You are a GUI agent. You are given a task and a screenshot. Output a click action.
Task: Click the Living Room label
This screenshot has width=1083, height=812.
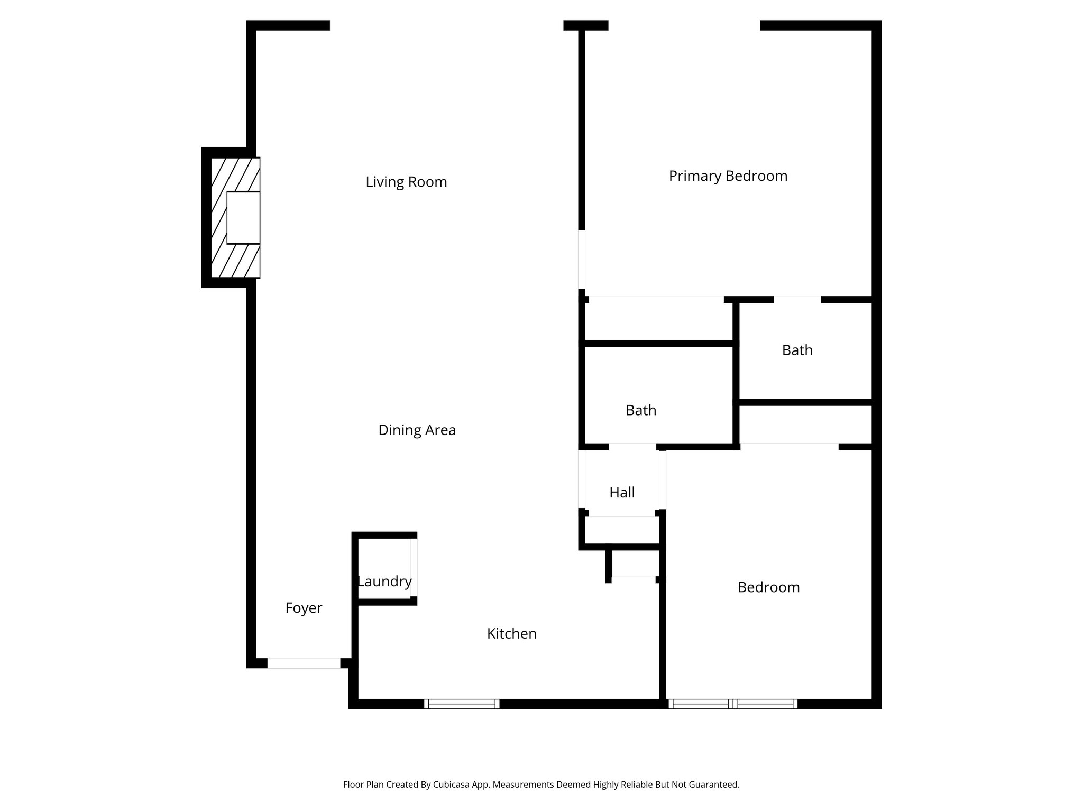[x=406, y=182]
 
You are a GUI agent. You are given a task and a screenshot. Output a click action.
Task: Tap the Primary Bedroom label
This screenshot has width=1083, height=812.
[x=728, y=176]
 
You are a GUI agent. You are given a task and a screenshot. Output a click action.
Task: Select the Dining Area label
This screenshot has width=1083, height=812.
[x=417, y=430]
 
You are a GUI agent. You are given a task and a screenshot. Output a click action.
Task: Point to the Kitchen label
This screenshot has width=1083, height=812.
[x=511, y=633]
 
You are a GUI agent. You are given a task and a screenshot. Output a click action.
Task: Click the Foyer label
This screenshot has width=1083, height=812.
[x=304, y=608]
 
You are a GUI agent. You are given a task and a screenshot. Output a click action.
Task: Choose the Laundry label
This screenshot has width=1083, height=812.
[x=384, y=582]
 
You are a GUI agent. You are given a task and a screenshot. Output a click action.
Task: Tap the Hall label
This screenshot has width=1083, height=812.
[x=621, y=493]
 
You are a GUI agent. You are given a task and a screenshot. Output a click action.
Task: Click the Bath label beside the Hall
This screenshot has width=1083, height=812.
[x=640, y=410]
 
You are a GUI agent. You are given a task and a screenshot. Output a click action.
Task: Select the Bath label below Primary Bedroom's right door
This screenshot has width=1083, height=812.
[x=797, y=350]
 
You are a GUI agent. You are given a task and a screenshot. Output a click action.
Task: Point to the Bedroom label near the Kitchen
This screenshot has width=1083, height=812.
[x=768, y=587]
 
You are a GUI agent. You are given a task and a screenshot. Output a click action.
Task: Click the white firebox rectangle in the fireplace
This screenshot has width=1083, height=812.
[x=243, y=217]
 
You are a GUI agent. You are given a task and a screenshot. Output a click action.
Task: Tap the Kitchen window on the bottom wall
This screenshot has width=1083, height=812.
[x=461, y=704]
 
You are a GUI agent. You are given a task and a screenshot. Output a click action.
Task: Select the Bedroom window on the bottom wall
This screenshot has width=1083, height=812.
[x=732, y=704]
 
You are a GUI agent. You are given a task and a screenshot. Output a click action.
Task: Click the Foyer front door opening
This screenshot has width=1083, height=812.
[x=304, y=663]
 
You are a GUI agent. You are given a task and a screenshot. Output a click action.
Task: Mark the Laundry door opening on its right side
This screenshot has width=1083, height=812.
[x=414, y=568]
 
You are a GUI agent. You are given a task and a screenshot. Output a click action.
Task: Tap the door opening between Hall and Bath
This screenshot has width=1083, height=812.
[x=632, y=447]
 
